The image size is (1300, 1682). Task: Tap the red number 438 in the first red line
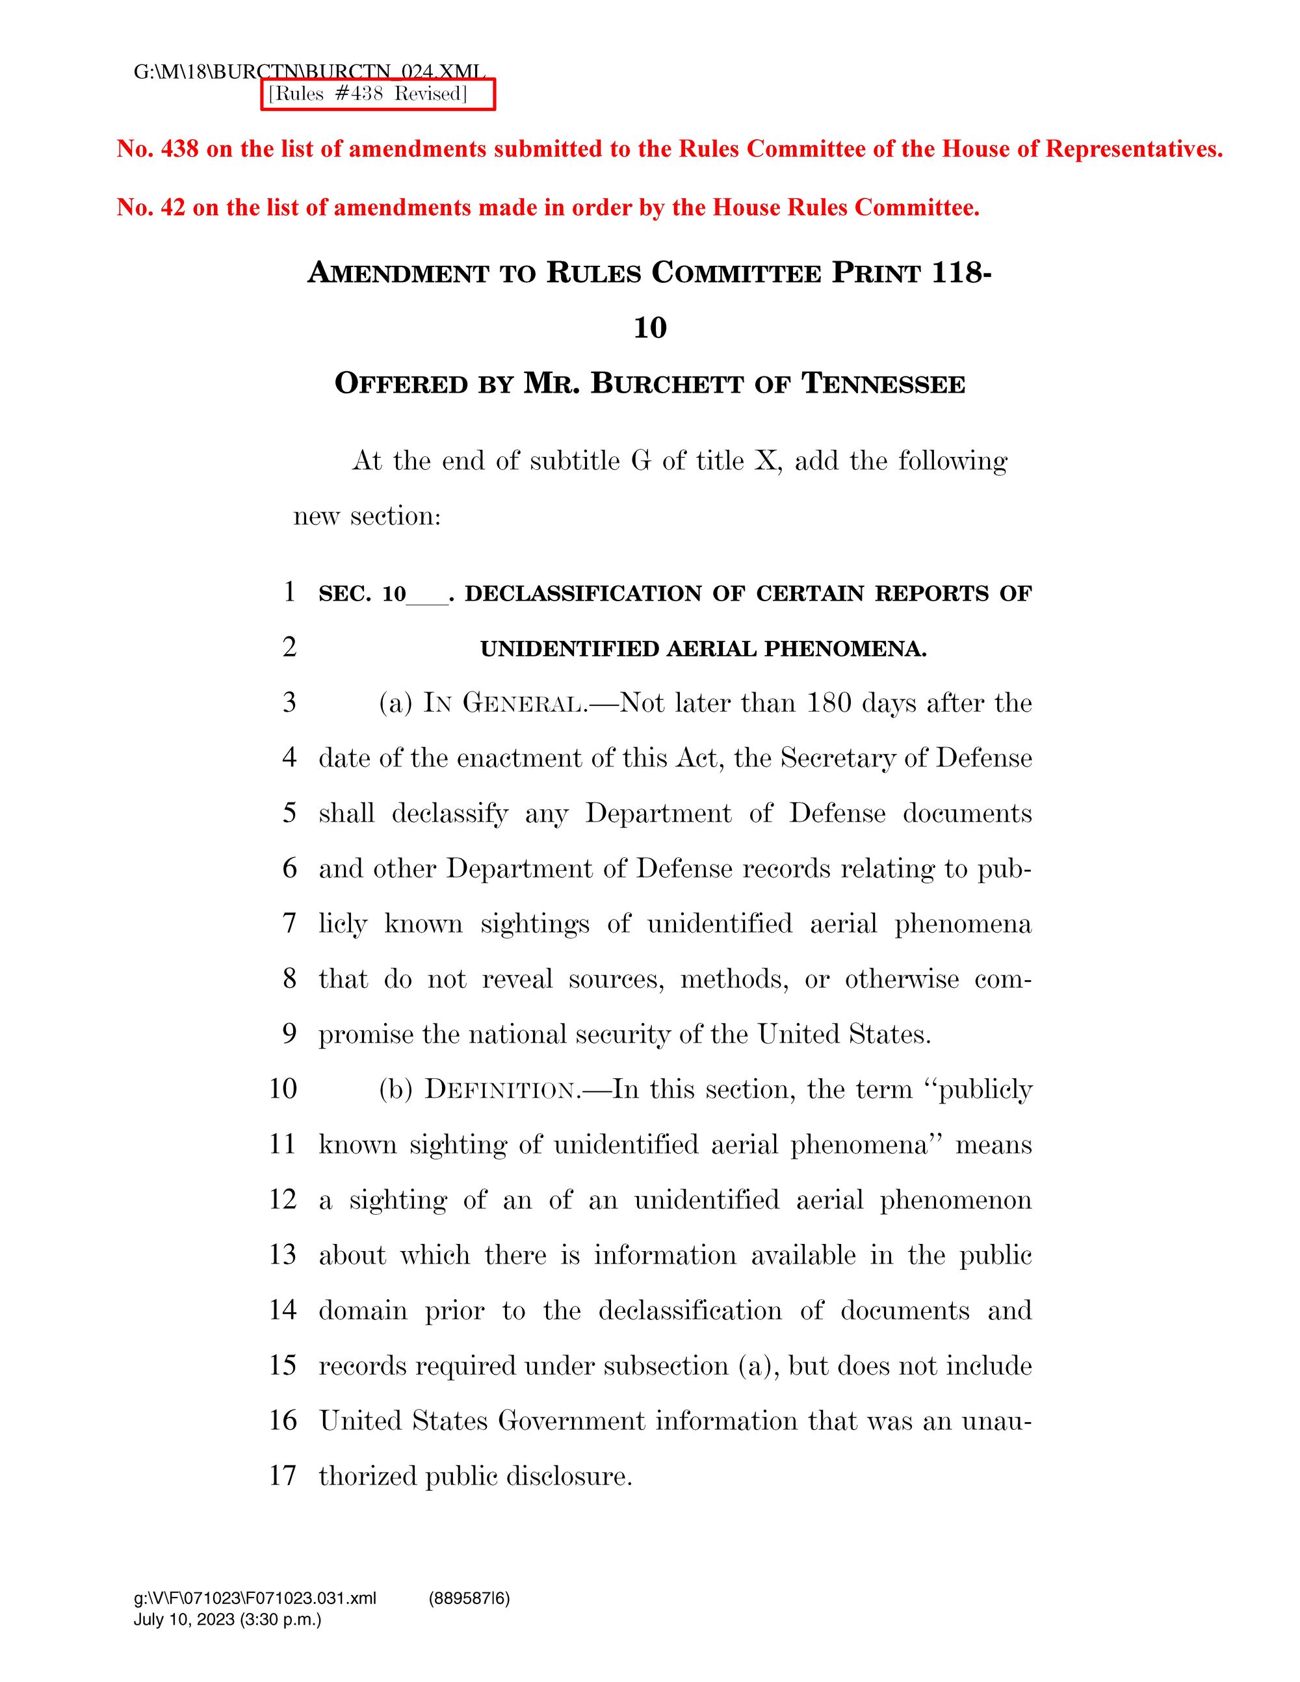pos(179,149)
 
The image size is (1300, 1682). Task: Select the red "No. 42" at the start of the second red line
pos(151,207)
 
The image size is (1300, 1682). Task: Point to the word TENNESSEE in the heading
pos(883,383)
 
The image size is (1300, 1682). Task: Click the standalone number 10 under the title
pos(649,328)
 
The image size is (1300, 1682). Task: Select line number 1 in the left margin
pos(289,591)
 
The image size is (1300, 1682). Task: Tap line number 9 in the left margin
pos(289,1033)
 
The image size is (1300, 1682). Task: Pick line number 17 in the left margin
pos(283,1475)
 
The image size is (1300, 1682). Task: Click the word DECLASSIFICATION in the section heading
pos(584,594)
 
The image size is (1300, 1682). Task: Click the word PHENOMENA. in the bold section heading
pos(845,649)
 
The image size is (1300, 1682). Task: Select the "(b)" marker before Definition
pos(396,1090)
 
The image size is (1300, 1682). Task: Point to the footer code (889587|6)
pos(469,1598)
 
